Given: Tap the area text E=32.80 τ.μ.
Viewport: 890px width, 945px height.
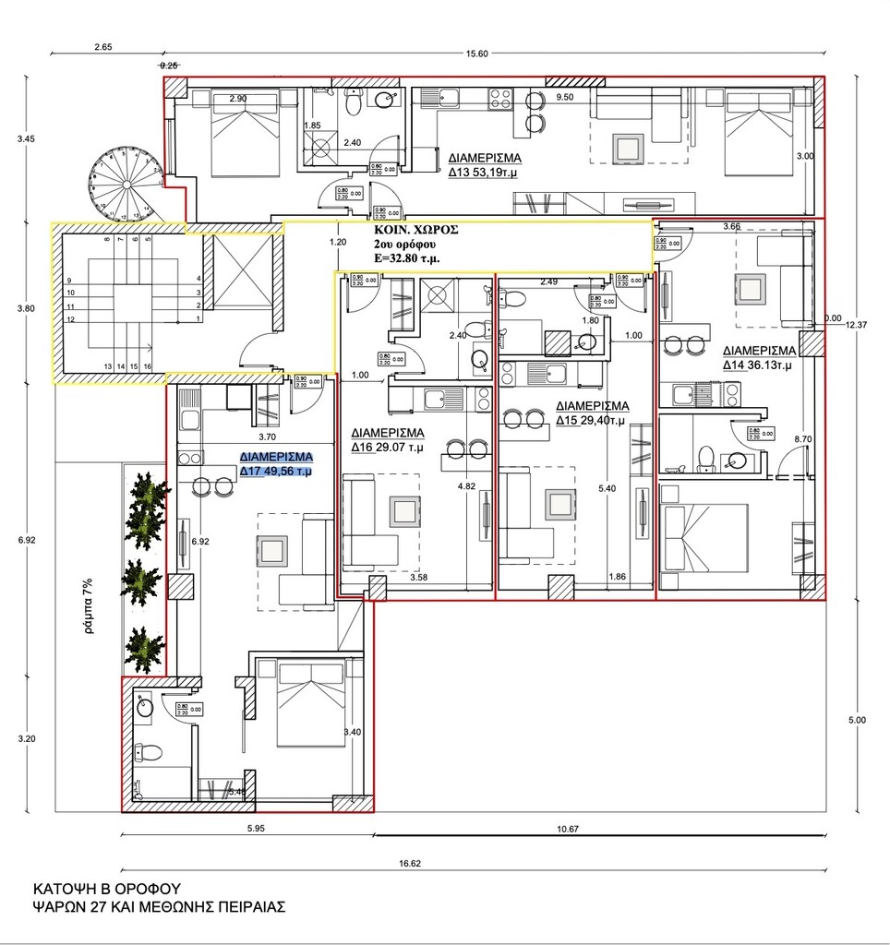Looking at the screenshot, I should (406, 259).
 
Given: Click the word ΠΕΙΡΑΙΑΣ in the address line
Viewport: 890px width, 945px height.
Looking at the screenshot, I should (242, 907).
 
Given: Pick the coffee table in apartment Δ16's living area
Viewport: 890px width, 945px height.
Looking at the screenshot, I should (403, 510).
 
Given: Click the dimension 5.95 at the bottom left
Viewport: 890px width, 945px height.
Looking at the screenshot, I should (256, 829).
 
